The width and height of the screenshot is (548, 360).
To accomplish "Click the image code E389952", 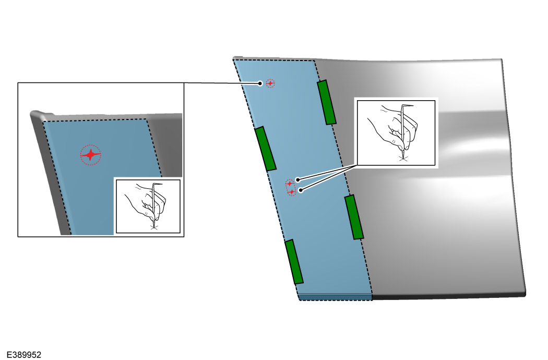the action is tap(24, 355).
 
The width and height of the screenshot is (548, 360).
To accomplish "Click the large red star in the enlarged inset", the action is tap(90, 155).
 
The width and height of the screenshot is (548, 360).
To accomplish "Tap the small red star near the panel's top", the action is tap(270, 83).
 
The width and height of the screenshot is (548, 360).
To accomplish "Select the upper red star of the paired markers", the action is tap(290, 184).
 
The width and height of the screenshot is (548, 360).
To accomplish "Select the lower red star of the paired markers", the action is tap(292, 191).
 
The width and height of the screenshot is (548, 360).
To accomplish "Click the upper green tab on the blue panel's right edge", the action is tap(327, 102).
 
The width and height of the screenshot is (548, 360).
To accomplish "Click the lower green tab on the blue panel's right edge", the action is tap(354, 217).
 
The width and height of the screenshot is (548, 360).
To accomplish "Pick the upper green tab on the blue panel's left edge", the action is tap(266, 149).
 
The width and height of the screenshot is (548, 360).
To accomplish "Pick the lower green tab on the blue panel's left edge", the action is tap(294, 262).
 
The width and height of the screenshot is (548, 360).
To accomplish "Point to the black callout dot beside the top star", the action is tap(260, 83).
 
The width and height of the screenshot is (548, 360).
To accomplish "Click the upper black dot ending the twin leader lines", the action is tap(298, 180).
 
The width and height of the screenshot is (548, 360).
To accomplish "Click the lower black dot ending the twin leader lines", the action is tap(301, 190).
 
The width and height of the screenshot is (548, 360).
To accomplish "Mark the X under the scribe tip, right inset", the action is tap(403, 159).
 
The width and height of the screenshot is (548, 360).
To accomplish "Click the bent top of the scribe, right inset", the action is tap(408, 105).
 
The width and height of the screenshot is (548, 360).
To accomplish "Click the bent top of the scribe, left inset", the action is tap(157, 184).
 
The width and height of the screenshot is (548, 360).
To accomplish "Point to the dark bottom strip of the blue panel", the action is tap(336, 297).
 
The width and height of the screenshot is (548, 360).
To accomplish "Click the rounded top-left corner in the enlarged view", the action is tap(35, 114).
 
